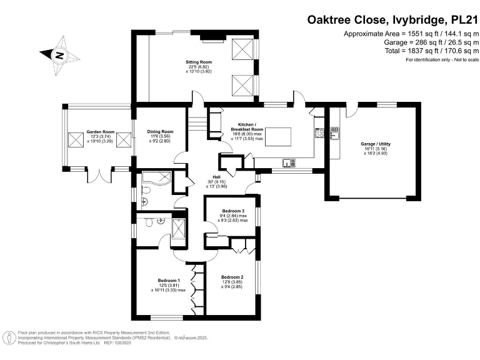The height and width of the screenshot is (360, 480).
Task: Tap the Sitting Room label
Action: [x=199, y=62]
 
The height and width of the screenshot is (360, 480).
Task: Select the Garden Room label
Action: [x=101, y=132]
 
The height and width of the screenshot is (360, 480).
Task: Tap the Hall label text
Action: [x=216, y=177]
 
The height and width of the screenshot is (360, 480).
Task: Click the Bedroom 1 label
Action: [x=169, y=279]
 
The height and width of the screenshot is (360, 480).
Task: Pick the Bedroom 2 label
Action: [x=232, y=277]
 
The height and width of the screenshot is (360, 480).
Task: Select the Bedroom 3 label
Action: [x=232, y=211]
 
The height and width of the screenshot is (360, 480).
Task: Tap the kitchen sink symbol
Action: [x=289, y=162]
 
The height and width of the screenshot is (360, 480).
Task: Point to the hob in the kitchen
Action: [x=319, y=132]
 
